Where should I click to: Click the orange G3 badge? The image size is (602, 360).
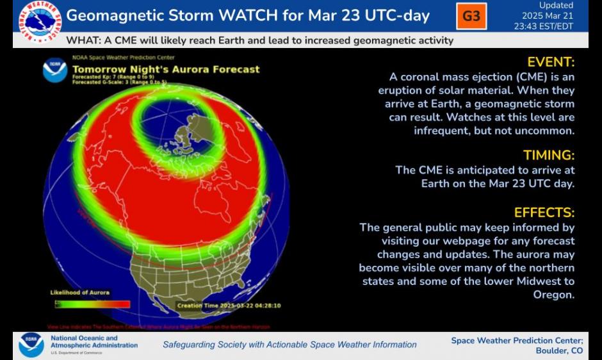pyautogui.click(x=471, y=16)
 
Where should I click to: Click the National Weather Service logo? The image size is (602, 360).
pyautogui.click(x=40, y=22)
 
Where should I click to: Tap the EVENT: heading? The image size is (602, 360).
pyautogui.click(x=551, y=62)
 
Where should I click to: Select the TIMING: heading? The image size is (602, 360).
pyautogui.click(x=549, y=155)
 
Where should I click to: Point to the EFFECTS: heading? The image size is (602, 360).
pyautogui.click(x=544, y=213)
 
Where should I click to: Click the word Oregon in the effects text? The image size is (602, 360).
pyautogui.click(x=554, y=295)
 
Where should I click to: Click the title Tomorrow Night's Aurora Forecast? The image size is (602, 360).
pyautogui.click(x=166, y=69)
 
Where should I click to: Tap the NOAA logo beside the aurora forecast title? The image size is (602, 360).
pyautogui.click(x=55, y=70)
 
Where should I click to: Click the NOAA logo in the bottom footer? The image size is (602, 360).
pyautogui.click(x=31, y=345)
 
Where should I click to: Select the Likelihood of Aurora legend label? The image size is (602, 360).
pyautogui.click(x=80, y=293)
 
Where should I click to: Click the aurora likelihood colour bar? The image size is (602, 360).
pyautogui.click(x=93, y=304)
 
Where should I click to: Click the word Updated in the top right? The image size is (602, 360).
pyautogui.click(x=556, y=5)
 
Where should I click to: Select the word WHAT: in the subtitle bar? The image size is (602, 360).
pyautogui.click(x=83, y=40)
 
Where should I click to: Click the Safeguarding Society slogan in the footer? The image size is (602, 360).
pyautogui.click(x=289, y=345)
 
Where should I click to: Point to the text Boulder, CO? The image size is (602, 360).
pyautogui.click(x=559, y=351)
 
